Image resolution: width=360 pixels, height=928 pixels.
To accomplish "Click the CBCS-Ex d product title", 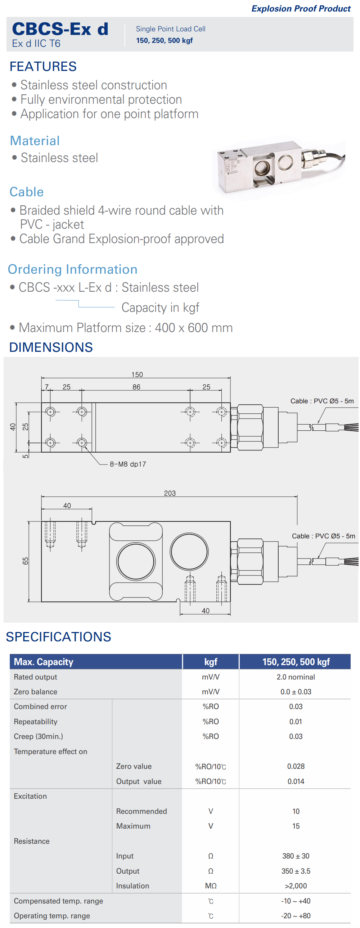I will click(60, 29).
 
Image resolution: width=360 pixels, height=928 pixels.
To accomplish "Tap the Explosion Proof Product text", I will click(301, 9).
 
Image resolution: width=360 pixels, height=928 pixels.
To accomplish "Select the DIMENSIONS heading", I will click(51, 347).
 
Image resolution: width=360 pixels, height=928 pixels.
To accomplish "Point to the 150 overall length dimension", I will click(137, 375).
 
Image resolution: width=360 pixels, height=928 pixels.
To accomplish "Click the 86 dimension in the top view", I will click(136, 387).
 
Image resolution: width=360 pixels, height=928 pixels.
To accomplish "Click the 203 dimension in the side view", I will click(170, 493).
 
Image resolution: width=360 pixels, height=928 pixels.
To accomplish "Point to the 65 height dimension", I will click(25, 561).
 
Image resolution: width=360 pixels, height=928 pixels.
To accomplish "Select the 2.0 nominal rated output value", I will click(296, 677).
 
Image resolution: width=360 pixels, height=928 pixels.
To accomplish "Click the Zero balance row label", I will click(35, 692).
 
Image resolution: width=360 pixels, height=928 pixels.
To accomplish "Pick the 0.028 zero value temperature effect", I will click(296, 766).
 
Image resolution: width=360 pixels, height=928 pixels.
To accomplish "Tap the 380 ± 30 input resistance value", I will click(296, 856).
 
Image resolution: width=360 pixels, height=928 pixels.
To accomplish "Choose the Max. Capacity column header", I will click(44, 662).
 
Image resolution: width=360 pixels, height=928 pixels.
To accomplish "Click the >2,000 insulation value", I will click(296, 886).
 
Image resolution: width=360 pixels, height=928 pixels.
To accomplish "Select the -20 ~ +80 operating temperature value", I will click(296, 916).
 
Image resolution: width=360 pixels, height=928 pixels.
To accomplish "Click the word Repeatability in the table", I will click(36, 722).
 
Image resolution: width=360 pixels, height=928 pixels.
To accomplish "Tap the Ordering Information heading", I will click(73, 269).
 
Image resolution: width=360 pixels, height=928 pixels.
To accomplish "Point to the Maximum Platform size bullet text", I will click(126, 328).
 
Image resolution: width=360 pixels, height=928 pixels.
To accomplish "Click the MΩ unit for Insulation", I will click(211, 886).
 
